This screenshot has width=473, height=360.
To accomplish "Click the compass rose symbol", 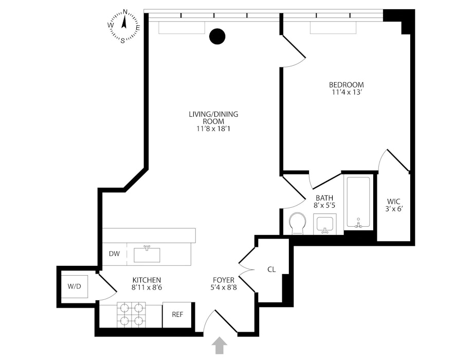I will (123, 25).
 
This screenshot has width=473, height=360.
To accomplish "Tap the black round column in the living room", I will (217, 36).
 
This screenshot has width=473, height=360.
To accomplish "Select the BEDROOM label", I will (347, 85).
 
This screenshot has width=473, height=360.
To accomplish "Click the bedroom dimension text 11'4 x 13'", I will (347, 93).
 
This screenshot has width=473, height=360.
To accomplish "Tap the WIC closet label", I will (394, 201).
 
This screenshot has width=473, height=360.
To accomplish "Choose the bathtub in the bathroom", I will (358, 203).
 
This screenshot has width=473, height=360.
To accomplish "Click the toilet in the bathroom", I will (297, 224).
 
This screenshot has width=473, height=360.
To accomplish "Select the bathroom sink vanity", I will (324, 224).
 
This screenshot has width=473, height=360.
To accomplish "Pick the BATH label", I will (325, 197).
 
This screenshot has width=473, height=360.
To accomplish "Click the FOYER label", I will (224, 280).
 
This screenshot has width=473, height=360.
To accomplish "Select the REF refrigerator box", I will (177, 314).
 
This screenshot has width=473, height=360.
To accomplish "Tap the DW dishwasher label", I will (114, 254).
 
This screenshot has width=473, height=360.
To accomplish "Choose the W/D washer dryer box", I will (75, 286).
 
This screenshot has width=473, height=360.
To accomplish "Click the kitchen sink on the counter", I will (147, 254).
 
